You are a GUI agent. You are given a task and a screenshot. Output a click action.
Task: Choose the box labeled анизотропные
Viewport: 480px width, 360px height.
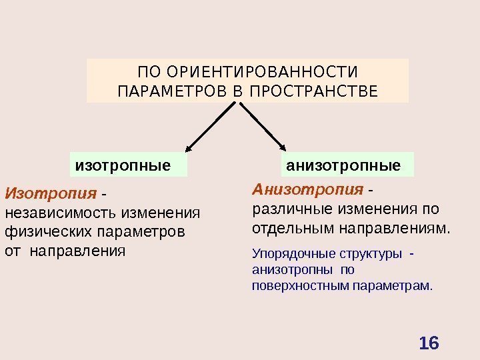tap(343, 165)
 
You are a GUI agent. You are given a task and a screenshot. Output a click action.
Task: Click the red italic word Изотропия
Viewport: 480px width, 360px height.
tap(51, 194)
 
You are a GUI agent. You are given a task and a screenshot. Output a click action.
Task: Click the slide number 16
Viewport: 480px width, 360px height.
tap(429, 343)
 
